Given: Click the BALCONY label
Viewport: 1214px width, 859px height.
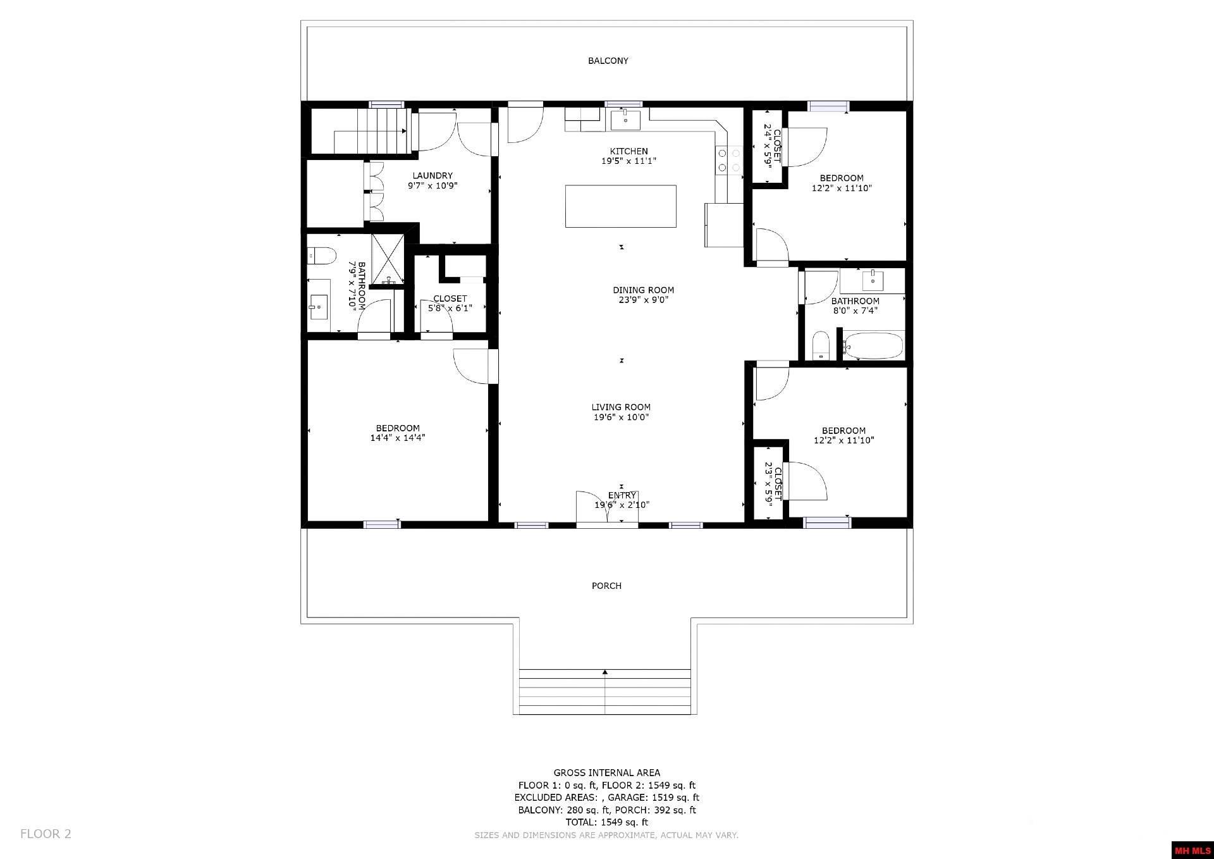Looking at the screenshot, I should coord(608,61).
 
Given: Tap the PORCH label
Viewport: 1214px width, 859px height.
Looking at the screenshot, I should coord(606,586).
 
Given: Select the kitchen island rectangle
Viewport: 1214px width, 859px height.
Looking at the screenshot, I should coord(620,206).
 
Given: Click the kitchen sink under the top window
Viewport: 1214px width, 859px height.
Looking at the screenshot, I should coord(625,119).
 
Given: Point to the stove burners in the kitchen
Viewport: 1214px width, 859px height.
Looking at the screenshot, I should coord(728,160).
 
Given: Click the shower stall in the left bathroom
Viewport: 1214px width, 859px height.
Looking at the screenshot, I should coord(387,259).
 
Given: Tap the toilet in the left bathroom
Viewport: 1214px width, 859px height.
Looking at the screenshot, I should coord(321,256).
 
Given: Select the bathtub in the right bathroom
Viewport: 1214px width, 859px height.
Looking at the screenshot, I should coord(873,346).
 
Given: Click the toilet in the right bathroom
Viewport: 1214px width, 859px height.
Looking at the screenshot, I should coord(821,346).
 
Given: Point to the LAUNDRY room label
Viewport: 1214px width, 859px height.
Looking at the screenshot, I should coord(432,176).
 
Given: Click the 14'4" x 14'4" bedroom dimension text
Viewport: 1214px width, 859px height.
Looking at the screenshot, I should coord(398,438).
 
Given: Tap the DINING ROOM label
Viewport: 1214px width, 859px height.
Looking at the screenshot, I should coord(643,290).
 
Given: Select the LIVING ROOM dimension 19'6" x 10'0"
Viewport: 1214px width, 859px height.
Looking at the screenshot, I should coord(621,417).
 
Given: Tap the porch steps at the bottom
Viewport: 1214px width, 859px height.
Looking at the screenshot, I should coord(604,691).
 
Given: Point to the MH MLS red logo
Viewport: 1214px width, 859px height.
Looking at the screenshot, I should coord(1192,850).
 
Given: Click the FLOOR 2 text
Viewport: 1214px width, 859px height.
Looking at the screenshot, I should coord(46,834).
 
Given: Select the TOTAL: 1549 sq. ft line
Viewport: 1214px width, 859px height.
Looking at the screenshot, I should coord(606,822).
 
